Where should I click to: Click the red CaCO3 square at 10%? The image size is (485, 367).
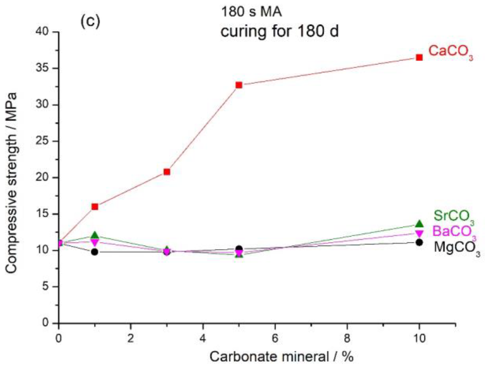tap(419, 58)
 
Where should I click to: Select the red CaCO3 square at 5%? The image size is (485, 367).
tap(239, 85)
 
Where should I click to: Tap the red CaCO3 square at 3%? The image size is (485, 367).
tap(167, 172)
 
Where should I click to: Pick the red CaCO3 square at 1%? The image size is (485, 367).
tap(95, 207)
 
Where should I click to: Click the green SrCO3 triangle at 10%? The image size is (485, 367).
tap(419, 224)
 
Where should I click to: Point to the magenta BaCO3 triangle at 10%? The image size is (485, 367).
tap(419, 233)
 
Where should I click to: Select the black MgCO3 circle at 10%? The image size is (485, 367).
tap(419, 242)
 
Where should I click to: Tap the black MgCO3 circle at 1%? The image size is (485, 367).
tap(95, 252)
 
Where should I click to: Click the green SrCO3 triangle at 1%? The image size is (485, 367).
tap(95, 235)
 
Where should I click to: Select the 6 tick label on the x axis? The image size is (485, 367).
tap(275, 338)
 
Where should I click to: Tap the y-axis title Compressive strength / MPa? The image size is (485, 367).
tap(11, 183)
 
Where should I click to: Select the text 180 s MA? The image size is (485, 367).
tap(251, 12)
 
